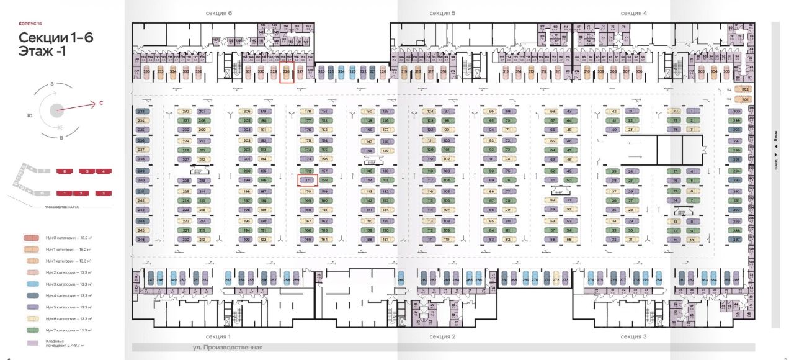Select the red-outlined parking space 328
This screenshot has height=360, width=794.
pyautogui.click(x=287, y=72)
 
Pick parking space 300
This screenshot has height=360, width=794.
pyautogui.click(x=737, y=111)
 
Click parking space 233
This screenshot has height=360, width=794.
pyautogui.click(x=141, y=111)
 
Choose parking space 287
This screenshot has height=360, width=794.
pyautogui.click(x=737, y=239)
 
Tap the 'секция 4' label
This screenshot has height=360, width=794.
pyautogui.click(x=634, y=13)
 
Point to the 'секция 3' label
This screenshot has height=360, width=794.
pyautogui.click(x=634, y=336)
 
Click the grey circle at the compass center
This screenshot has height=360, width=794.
pyautogui.click(x=56, y=110)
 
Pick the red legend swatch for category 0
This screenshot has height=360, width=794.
pyautogui.click(x=31, y=238)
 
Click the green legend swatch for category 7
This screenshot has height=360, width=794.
pyautogui.click(x=31, y=330)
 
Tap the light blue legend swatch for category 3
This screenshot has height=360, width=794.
pyautogui.click(x=31, y=284)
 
